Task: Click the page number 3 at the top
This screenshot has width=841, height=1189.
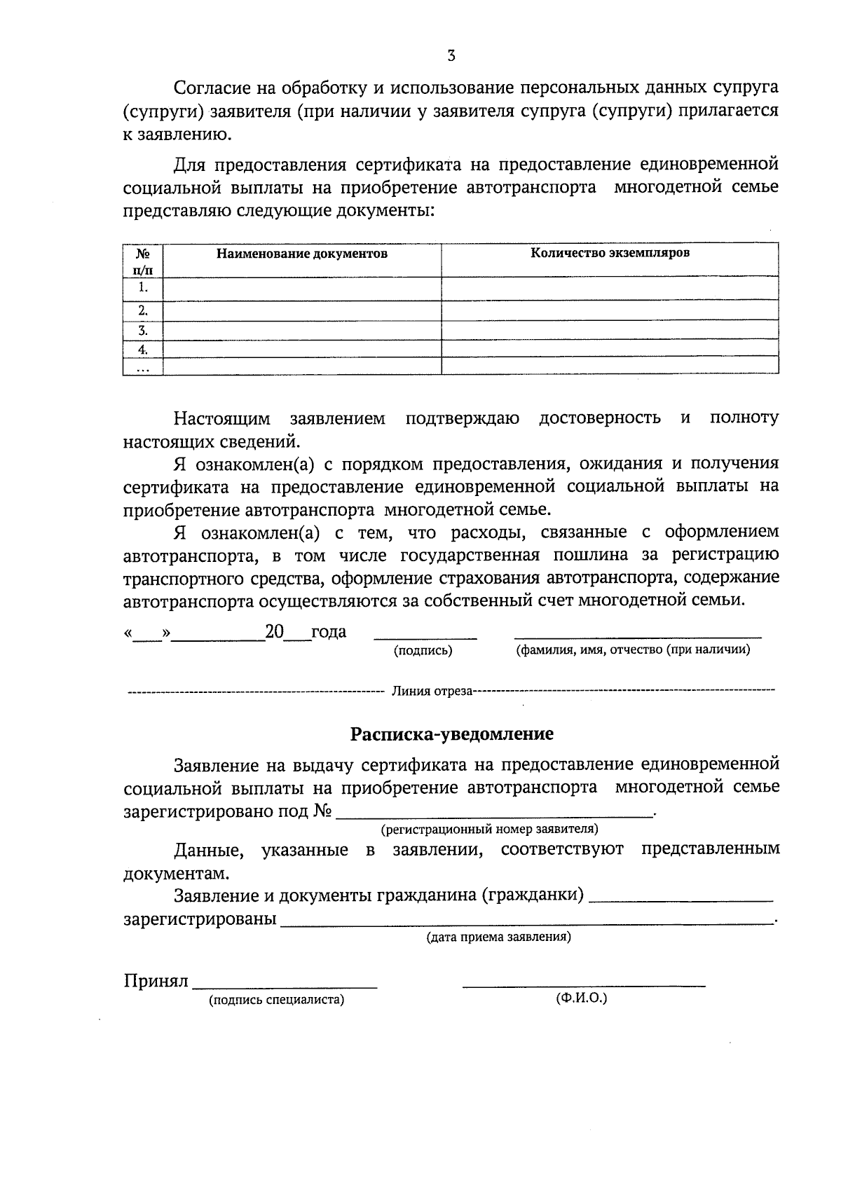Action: pyautogui.click(x=451, y=56)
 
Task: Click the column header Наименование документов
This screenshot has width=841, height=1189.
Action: pyautogui.click(x=301, y=254)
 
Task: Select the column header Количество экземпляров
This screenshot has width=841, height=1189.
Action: pyautogui.click(x=610, y=252)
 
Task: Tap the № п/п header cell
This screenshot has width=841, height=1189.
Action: pyautogui.click(x=142, y=260)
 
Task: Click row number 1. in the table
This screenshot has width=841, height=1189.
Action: pyautogui.click(x=143, y=287)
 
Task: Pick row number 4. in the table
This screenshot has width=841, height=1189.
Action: pyautogui.click(x=143, y=349)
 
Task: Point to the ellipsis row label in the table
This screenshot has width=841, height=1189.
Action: pyautogui.click(x=143, y=366)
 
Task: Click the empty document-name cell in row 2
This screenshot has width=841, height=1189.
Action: pyautogui.click(x=301, y=311)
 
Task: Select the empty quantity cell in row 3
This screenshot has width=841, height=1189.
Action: pyautogui.click(x=610, y=331)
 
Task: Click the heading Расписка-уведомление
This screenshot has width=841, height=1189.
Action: pyautogui.click(x=452, y=734)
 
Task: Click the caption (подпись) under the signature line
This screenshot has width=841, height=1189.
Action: pyautogui.click(x=423, y=650)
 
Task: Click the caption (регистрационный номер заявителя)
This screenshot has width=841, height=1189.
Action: pyautogui.click(x=489, y=830)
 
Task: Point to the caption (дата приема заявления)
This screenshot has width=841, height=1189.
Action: pyautogui.click(x=499, y=937)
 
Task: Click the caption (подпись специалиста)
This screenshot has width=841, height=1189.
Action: pyautogui.click(x=277, y=1000)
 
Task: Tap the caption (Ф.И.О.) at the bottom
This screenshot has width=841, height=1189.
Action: pyautogui.click(x=582, y=998)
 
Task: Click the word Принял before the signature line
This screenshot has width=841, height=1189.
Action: pyautogui.click(x=156, y=980)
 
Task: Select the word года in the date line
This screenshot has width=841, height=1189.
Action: pyautogui.click(x=329, y=631)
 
